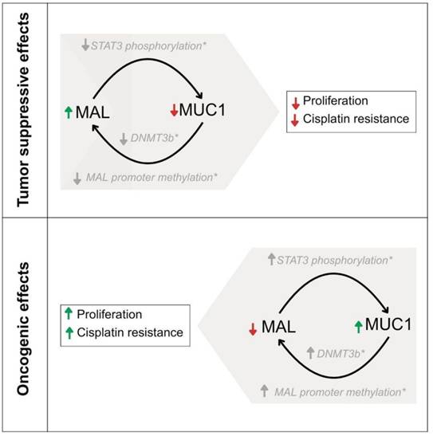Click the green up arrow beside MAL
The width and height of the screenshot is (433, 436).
[x=69, y=112]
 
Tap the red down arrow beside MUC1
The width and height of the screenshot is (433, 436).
[x=174, y=110]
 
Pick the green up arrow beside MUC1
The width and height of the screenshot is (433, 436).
[x=359, y=327]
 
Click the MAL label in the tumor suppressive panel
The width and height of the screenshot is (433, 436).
[x=93, y=112]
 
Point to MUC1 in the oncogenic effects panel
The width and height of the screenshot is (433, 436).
[x=388, y=324]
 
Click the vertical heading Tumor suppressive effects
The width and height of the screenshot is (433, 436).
[x=23, y=110]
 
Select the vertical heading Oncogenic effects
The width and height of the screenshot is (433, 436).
[x=23, y=328]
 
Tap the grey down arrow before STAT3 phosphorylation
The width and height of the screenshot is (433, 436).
[x=85, y=45]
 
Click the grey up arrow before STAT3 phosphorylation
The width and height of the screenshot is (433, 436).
[x=271, y=259]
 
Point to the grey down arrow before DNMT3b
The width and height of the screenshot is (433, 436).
[x=124, y=139]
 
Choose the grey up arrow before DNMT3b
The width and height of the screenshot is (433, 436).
[x=310, y=352]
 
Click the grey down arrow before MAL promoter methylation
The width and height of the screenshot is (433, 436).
[x=77, y=179]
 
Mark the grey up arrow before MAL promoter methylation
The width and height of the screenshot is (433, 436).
[x=264, y=391]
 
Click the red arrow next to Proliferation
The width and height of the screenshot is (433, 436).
[x=296, y=103]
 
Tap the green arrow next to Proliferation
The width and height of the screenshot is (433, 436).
[x=69, y=313]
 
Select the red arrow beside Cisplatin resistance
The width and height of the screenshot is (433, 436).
[x=295, y=120]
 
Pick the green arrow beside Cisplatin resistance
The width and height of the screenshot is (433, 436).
[x=69, y=333]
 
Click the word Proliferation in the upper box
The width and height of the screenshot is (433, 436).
[x=336, y=100]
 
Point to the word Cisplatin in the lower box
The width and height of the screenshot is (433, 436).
[x=96, y=332]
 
